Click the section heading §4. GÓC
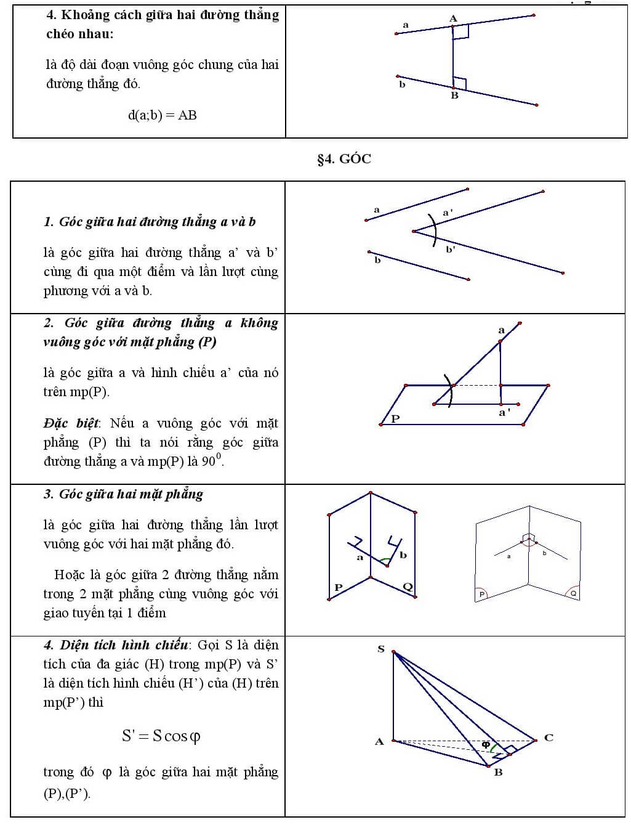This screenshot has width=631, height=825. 344,159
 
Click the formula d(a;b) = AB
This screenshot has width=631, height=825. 162,115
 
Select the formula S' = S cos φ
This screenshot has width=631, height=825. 161,736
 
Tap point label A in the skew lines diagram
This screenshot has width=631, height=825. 453,18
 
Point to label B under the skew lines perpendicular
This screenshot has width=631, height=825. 454,96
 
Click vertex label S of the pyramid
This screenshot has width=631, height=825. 380,649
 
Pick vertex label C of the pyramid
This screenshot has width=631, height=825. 549,738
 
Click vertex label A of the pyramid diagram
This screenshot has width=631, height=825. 379,741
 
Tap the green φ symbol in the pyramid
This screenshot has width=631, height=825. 486,744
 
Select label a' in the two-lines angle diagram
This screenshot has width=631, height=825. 448,213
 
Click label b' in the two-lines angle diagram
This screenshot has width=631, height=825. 450,250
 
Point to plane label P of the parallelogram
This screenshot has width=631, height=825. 395,418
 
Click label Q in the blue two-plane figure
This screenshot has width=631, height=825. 408,587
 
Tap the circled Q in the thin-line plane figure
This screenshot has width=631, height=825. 573,593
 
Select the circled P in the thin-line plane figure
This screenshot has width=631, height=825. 482,594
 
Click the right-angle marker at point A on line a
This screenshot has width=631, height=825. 461,32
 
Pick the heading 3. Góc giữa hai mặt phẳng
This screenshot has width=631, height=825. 123,494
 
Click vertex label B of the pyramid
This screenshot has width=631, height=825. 498,772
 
